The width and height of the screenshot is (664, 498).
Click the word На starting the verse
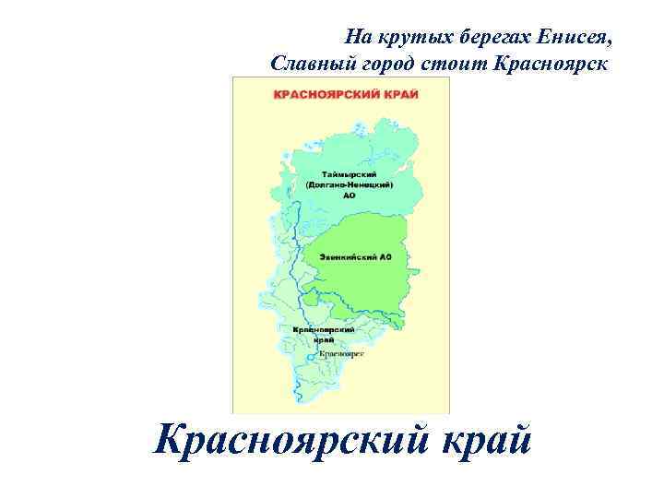357,38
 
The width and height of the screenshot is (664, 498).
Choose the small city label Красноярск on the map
342,353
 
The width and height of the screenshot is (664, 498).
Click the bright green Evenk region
364,277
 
